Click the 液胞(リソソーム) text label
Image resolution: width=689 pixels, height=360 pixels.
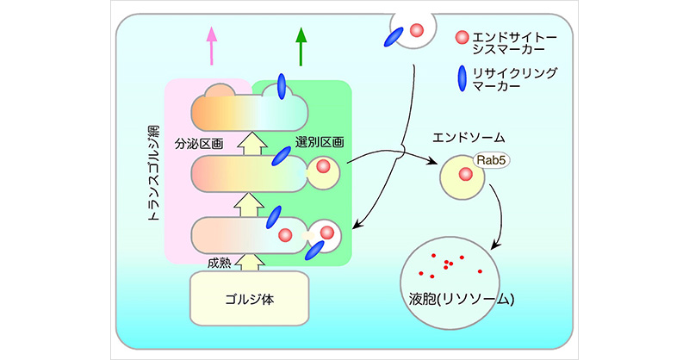point(463,300)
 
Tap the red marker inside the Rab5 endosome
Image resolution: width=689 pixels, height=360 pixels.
point(466,176)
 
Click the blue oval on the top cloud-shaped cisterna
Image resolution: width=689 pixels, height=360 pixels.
point(282,86)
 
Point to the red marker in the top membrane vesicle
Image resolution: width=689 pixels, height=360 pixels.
point(417,31)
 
